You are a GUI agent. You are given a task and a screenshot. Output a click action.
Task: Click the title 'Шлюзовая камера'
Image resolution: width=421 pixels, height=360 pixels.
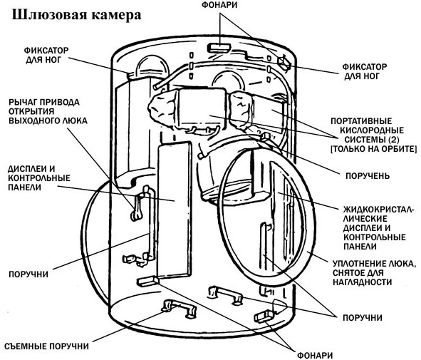[x=77, y=14]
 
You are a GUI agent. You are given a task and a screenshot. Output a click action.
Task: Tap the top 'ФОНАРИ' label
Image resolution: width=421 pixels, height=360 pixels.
[x=219, y=5]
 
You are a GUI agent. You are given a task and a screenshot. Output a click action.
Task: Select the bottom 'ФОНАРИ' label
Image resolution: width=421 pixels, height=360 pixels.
[x=315, y=355]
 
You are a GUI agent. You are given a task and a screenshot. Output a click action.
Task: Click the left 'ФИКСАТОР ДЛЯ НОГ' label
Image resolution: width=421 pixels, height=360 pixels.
[x=46, y=55]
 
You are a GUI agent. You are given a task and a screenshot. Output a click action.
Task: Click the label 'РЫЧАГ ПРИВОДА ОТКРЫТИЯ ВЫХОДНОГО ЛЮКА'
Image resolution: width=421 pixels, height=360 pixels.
[x=48, y=111]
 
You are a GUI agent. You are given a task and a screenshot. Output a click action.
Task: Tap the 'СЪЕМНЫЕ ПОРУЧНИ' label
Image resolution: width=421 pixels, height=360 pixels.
[x=47, y=346]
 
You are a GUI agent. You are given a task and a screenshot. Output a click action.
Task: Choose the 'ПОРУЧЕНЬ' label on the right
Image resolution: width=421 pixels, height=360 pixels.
[x=367, y=175]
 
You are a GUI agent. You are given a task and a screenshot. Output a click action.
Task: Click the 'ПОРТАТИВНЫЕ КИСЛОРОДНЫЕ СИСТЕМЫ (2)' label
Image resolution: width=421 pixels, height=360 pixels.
[x=373, y=135]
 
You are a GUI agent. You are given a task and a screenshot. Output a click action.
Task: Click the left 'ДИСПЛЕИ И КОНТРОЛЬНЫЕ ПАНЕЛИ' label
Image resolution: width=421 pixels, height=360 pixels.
[x=39, y=178]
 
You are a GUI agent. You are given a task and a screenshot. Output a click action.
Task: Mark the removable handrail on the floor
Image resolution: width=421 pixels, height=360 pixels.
[x=179, y=309]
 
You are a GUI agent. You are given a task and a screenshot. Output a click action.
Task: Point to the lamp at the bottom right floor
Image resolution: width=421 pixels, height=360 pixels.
[x=264, y=317]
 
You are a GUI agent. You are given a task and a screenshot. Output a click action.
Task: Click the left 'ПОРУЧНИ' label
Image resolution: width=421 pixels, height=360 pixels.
[x=28, y=274]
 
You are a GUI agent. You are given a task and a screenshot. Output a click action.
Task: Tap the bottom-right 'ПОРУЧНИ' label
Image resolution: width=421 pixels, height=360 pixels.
[x=363, y=318]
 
